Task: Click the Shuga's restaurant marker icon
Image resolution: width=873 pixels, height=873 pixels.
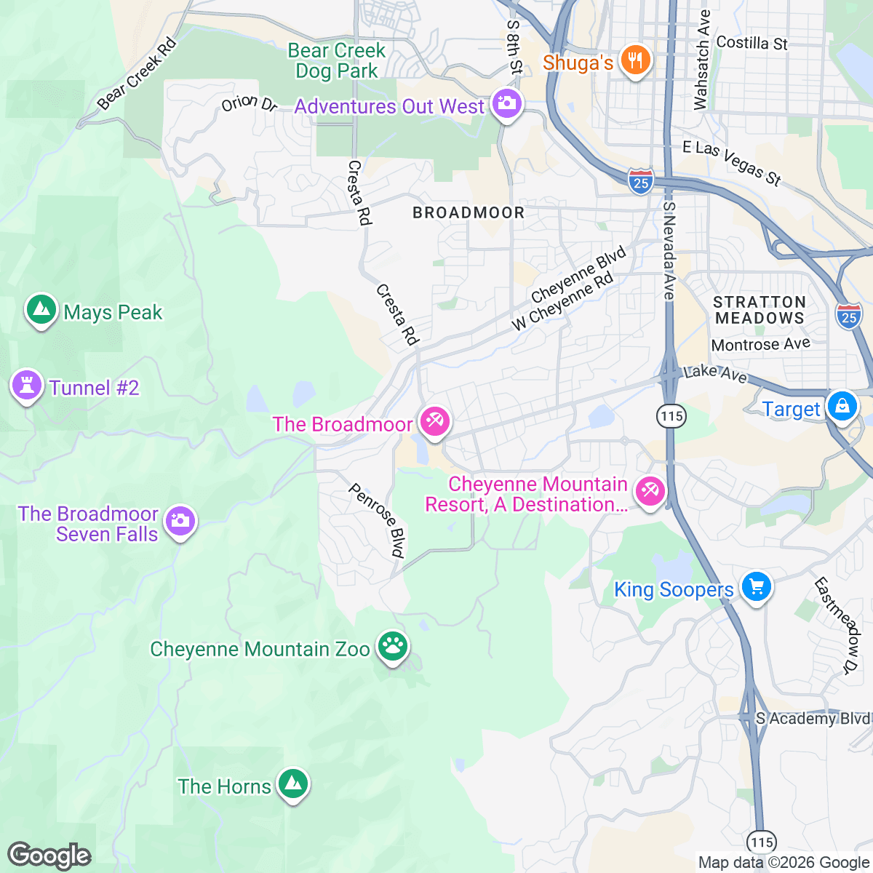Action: pyautogui.click(x=635, y=60)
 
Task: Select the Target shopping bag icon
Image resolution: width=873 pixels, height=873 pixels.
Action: pyautogui.click(x=842, y=405)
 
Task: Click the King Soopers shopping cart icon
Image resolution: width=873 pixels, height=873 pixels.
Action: pyautogui.click(x=756, y=586)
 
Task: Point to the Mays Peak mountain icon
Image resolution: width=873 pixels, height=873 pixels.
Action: pyautogui.click(x=41, y=311)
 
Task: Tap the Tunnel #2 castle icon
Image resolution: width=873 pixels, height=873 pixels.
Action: pyautogui.click(x=27, y=386)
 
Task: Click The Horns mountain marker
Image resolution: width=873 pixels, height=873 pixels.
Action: pyautogui.click(x=292, y=784)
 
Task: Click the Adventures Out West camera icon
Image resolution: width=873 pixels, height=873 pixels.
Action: pyautogui.click(x=506, y=103)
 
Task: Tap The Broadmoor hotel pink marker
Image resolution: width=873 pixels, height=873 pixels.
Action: pyautogui.click(x=434, y=422)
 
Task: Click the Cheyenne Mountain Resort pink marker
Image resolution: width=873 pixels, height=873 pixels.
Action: pyautogui.click(x=649, y=492)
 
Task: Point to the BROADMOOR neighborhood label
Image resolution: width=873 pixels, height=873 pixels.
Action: pyautogui.click(x=469, y=212)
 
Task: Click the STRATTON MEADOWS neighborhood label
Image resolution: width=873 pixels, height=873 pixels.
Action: pyautogui.click(x=760, y=310)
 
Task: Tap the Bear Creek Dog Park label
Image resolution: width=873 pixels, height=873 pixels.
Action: pyautogui.click(x=337, y=60)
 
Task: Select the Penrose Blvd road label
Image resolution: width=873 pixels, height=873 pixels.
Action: pyautogui.click(x=378, y=520)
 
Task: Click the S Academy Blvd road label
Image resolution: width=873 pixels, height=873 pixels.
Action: pyautogui.click(x=812, y=719)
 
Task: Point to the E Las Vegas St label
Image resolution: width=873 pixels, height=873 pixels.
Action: pyautogui.click(x=731, y=163)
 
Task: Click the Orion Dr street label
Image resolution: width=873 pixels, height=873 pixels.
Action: pyautogui.click(x=250, y=103)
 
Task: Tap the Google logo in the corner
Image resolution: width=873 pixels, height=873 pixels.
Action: pyautogui.click(x=49, y=856)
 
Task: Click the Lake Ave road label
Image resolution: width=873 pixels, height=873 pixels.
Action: pyautogui.click(x=716, y=373)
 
